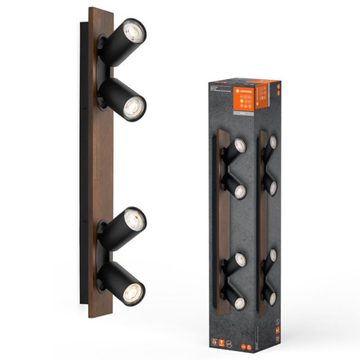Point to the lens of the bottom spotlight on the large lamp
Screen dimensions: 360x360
(x=137, y=285)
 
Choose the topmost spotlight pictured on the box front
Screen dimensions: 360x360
(x=238, y=147)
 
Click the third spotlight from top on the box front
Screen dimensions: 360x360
(x=238, y=260)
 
